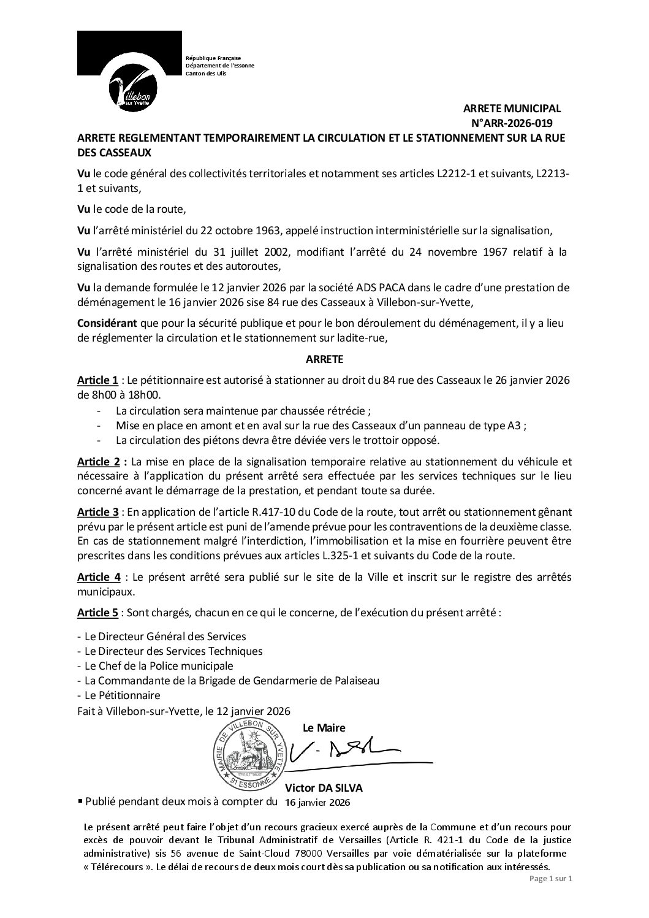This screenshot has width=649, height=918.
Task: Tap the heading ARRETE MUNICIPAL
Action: [x=512, y=109]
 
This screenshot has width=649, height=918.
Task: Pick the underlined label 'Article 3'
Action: [x=98, y=511]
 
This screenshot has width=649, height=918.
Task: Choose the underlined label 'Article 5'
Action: [x=98, y=613]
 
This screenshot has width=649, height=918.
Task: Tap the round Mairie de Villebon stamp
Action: [x=249, y=754]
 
